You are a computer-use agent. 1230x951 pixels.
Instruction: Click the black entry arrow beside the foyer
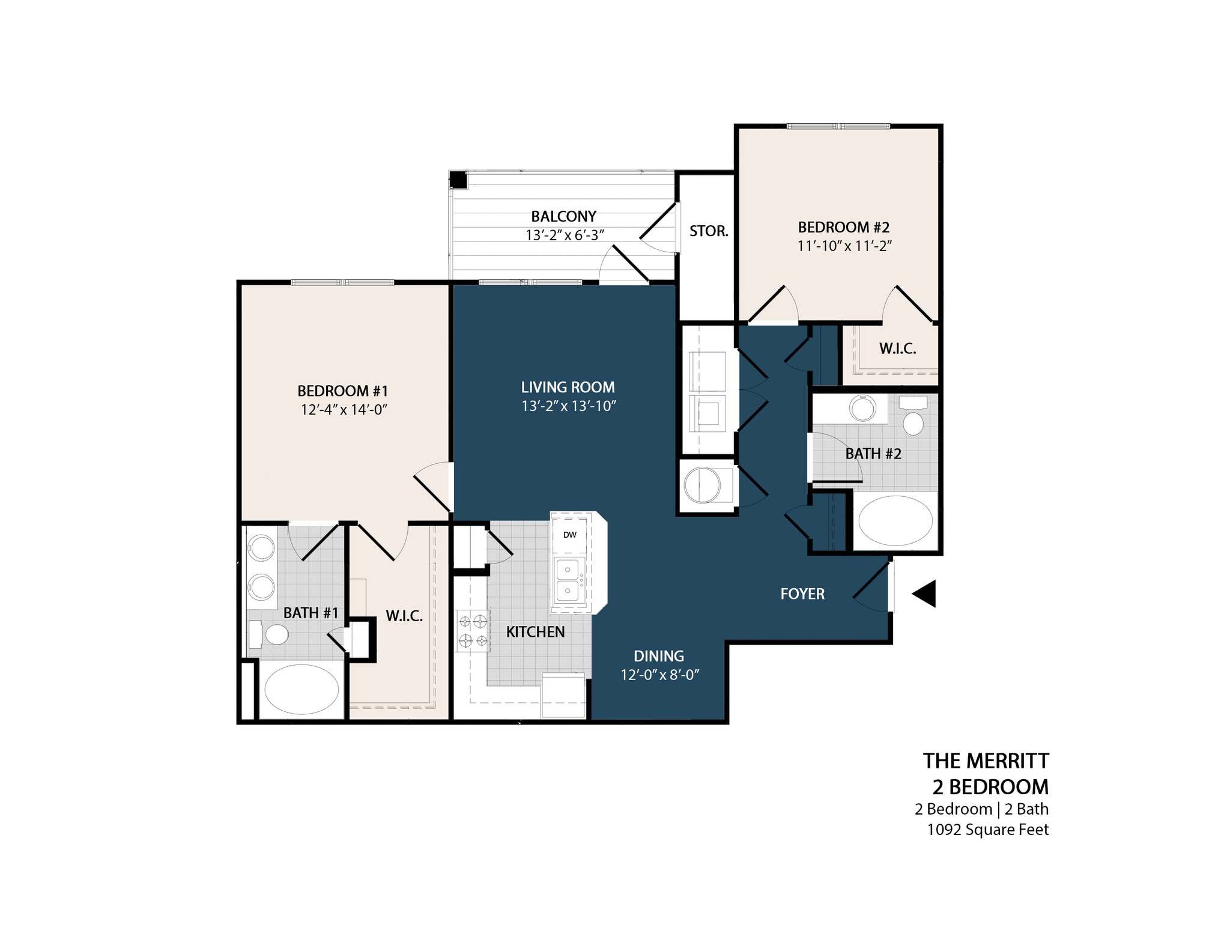click(926, 594)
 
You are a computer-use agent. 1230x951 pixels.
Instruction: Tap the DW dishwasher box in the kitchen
click(569, 535)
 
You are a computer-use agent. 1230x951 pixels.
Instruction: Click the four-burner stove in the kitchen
click(473, 630)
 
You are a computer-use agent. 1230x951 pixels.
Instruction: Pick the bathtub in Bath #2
click(895, 520)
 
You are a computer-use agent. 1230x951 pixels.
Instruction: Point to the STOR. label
click(708, 231)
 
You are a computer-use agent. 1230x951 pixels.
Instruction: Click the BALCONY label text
click(563, 216)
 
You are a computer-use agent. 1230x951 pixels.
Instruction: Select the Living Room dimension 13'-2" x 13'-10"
click(569, 406)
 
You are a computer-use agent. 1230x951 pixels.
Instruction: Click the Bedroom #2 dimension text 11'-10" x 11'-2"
click(844, 246)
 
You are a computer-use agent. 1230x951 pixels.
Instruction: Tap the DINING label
click(659, 656)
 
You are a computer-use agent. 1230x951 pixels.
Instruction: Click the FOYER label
click(802, 594)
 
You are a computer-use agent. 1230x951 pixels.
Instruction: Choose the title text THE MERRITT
click(986, 761)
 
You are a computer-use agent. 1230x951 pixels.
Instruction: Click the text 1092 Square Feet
click(987, 830)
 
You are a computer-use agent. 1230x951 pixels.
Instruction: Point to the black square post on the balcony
click(458, 180)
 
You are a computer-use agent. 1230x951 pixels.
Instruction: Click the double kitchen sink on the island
click(568, 580)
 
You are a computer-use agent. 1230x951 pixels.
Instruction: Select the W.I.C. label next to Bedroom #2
click(897, 348)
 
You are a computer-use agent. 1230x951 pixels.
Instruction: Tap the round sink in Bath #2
click(863, 408)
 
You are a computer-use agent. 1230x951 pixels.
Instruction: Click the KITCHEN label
click(535, 632)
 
